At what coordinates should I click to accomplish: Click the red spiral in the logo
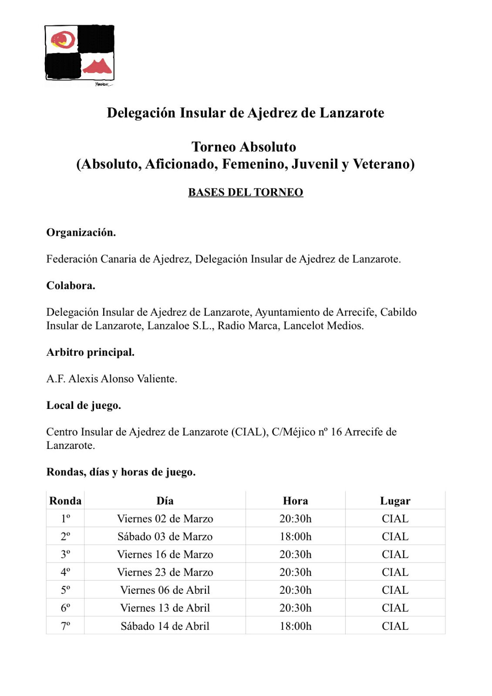click(63, 40)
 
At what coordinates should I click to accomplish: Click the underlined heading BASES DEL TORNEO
click(246, 192)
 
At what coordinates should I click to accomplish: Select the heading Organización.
click(81, 232)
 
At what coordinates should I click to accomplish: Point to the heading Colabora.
click(71, 285)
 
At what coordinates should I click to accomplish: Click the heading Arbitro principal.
click(90, 352)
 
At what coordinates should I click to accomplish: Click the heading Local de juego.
click(84, 405)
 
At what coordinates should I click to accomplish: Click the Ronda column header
click(65, 501)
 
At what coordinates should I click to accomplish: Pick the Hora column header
click(295, 501)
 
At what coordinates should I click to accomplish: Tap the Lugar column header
click(395, 501)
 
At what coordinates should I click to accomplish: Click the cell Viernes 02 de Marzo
click(165, 519)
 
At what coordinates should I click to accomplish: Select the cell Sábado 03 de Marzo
click(165, 536)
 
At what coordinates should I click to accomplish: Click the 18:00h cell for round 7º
click(295, 626)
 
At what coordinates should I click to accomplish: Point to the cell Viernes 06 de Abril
click(165, 590)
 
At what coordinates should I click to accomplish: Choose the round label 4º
click(65, 572)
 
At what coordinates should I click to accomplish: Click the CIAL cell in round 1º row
click(395, 519)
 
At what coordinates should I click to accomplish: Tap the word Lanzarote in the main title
click(352, 113)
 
